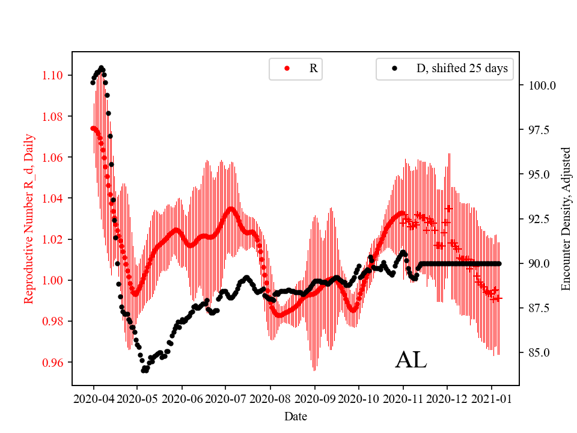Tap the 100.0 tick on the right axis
[x=542, y=85]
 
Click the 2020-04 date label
[x=93, y=399]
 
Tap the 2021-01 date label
[x=491, y=399]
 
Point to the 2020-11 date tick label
[x=403, y=399]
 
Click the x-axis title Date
[x=295, y=416]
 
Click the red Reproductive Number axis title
[x=28, y=218]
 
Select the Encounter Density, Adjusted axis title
[x=566, y=218]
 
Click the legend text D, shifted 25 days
[x=462, y=69]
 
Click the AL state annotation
[x=411, y=360]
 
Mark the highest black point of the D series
[x=101, y=68]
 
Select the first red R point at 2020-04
[x=93, y=128]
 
